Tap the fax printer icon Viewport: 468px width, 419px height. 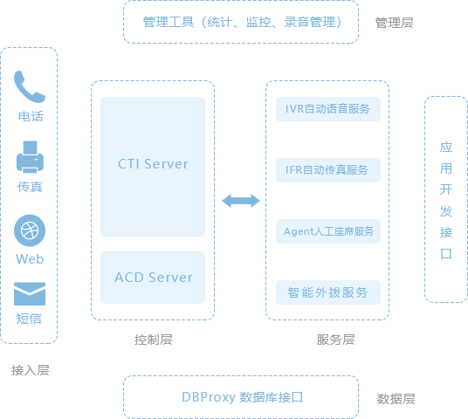30,156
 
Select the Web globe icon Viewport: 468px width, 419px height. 30,230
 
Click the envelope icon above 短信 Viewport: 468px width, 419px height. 30,294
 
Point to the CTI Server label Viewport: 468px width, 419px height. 153,164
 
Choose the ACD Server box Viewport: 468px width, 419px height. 153,278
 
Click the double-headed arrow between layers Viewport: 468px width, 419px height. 241,201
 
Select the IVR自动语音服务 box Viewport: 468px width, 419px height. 328,109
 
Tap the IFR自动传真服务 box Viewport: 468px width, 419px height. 328,170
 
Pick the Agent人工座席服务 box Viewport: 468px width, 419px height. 328,231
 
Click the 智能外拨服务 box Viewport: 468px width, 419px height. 328,292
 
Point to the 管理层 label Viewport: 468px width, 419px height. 395,23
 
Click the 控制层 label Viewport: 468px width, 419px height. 153,340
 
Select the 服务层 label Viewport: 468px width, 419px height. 336,340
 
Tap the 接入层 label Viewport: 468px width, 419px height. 31,370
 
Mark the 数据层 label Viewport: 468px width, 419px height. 396,399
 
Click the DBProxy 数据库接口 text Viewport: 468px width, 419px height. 243,397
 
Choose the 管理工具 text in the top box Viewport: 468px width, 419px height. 169,22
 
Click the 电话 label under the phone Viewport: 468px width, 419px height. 31,116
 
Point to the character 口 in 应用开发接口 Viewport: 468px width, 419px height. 446,254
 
